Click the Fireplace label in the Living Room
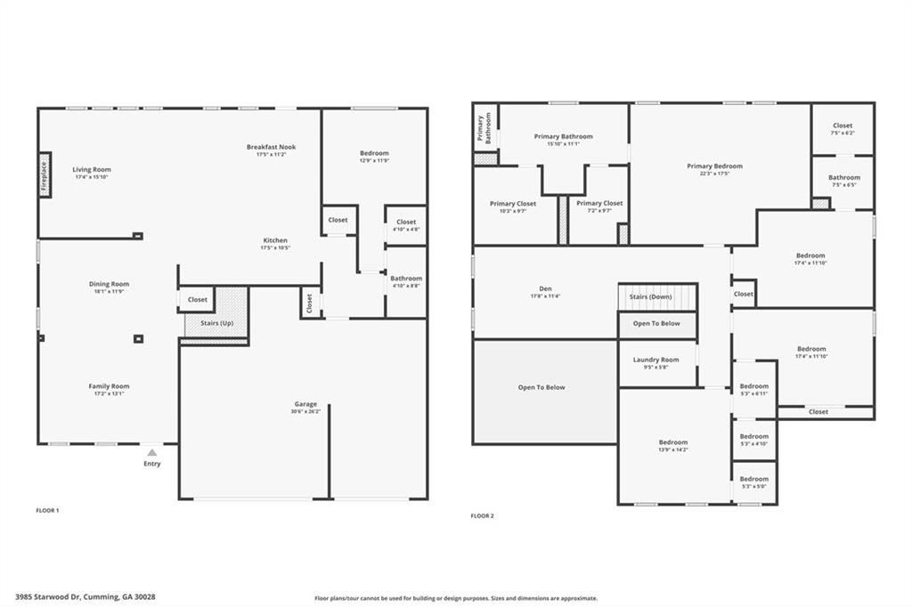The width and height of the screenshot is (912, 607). pyautogui.click(x=45, y=174)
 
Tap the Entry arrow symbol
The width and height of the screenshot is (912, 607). pyautogui.click(x=152, y=453)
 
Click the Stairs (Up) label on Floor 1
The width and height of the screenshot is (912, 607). pyautogui.click(x=216, y=323)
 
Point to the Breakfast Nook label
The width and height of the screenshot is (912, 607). pyautogui.click(x=271, y=147)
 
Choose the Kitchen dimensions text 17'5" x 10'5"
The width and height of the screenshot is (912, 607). pyautogui.click(x=274, y=248)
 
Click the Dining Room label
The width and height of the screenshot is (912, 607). pyautogui.click(x=109, y=284)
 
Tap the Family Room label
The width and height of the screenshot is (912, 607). pyautogui.click(x=109, y=386)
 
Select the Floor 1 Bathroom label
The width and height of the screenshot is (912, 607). pyautogui.click(x=406, y=279)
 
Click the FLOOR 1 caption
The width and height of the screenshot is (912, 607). pyautogui.click(x=47, y=511)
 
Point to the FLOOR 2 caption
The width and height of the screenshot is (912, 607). pyautogui.click(x=482, y=516)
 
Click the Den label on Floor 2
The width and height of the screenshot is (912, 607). pyautogui.click(x=545, y=288)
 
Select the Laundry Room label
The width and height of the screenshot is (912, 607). pyautogui.click(x=657, y=360)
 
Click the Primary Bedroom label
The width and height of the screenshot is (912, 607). pyautogui.click(x=714, y=166)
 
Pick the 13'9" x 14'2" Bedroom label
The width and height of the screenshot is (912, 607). pyautogui.click(x=673, y=442)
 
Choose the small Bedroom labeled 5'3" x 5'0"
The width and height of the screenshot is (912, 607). pyautogui.click(x=753, y=480)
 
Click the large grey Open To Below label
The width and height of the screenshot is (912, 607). pyautogui.click(x=541, y=387)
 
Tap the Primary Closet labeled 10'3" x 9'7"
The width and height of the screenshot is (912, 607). pyautogui.click(x=513, y=204)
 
